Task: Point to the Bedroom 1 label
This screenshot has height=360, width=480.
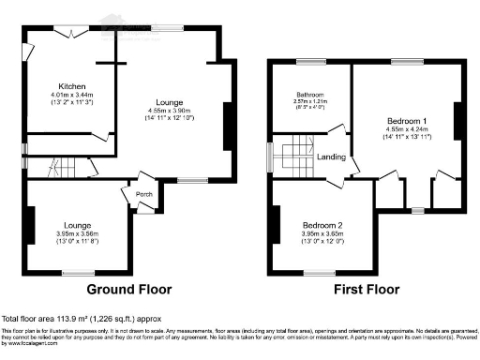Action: tap(406, 121)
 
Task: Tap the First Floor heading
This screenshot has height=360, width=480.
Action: tap(368, 289)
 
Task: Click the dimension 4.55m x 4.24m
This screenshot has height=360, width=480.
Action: tap(406, 130)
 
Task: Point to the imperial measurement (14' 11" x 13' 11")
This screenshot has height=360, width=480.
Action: tap(406, 139)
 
